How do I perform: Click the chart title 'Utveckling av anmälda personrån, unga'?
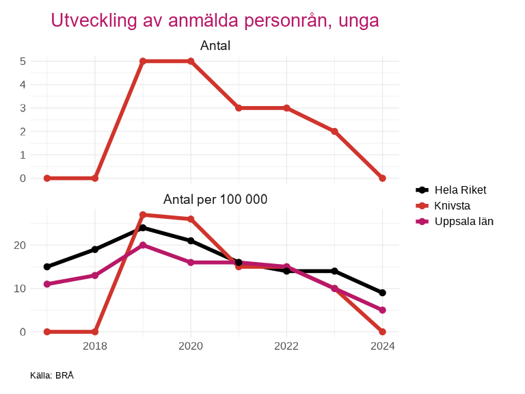click(x=215, y=21)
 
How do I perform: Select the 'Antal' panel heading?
click(x=215, y=47)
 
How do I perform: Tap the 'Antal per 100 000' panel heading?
click(x=215, y=200)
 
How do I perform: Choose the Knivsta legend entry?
click(x=452, y=206)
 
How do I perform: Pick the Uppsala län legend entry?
click(x=463, y=222)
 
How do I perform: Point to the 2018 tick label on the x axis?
click(x=95, y=346)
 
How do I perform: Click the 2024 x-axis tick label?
click(x=382, y=346)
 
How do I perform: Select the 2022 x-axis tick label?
click(x=286, y=346)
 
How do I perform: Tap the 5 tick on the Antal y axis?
click(x=23, y=62)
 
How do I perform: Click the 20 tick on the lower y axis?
click(x=20, y=246)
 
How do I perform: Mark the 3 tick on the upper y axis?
click(x=23, y=108)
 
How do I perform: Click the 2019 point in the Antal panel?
click(x=143, y=62)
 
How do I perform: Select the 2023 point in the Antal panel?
click(x=334, y=131)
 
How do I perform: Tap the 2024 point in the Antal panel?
click(x=382, y=178)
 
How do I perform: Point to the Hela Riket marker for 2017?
click(x=47, y=267)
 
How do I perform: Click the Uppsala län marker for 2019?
click(x=143, y=245)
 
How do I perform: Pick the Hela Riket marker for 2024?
click(x=382, y=293)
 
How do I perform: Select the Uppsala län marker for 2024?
click(x=382, y=310)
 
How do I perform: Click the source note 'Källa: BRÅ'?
click(x=52, y=376)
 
